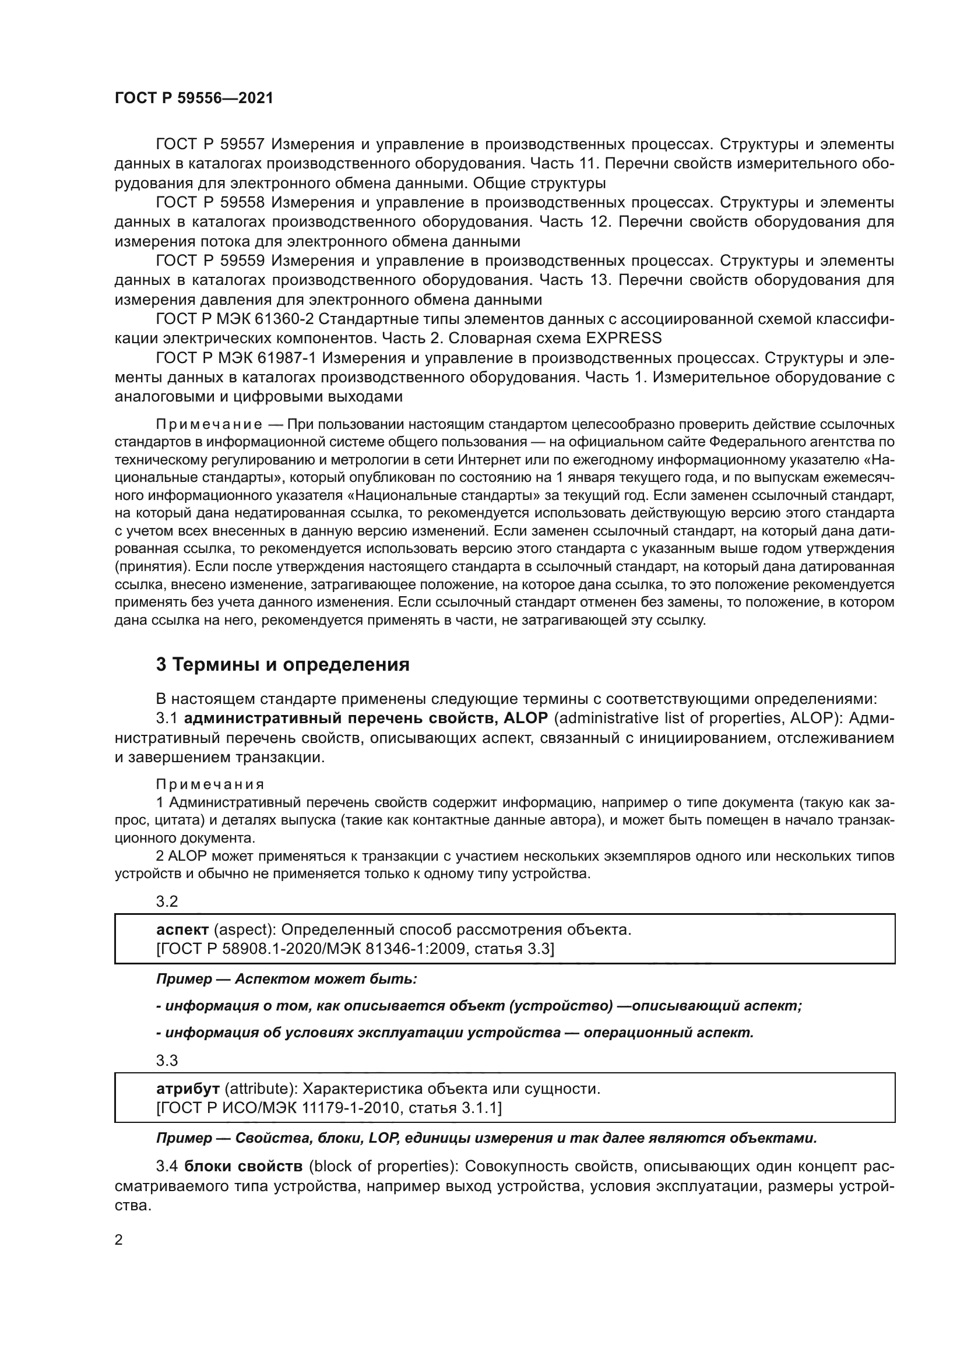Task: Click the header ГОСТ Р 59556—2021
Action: pos(193,98)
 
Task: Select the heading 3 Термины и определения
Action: pos(283,664)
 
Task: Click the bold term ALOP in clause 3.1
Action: pos(525,719)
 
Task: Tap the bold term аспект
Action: pos(182,929)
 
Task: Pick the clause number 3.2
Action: pos(167,901)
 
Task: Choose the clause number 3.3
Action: pos(167,1060)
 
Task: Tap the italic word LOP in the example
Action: pos(383,1138)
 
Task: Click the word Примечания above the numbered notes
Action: pos(210,785)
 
